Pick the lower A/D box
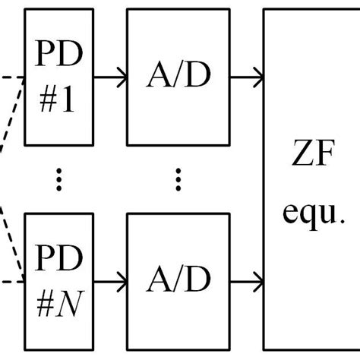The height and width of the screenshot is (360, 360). coord(178,282)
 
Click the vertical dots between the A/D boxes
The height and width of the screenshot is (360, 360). coord(178,180)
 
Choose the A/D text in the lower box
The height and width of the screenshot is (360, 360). coord(178,282)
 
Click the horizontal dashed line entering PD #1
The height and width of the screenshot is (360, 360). coord(11,77)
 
